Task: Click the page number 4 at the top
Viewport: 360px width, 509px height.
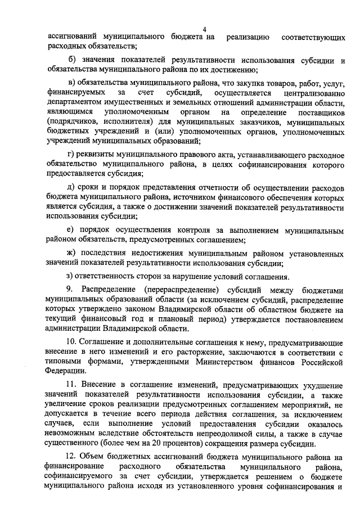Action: (205, 29)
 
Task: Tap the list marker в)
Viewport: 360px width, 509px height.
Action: (71, 83)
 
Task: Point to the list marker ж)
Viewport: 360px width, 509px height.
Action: (72, 253)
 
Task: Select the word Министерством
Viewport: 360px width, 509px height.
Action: (235, 361)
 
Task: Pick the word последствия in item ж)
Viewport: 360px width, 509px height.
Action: (106, 253)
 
